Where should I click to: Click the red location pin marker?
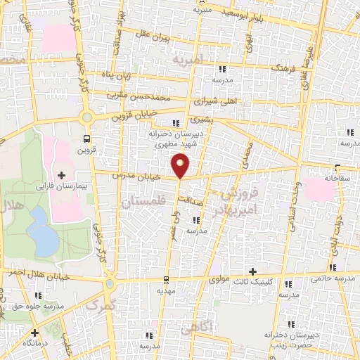click(181, 165)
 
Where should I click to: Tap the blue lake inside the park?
click(46, 240)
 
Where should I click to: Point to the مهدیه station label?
click(167, 289)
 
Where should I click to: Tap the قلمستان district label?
click(143, 202)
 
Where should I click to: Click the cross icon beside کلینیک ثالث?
click(252, 271)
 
